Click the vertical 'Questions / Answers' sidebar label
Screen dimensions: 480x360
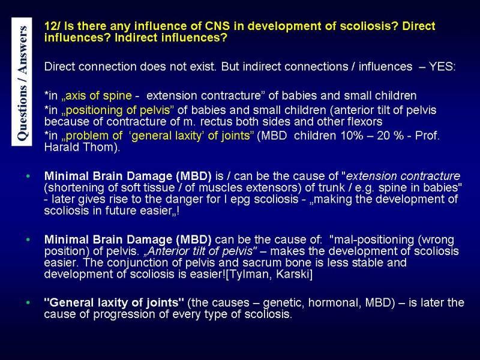click(22, 82)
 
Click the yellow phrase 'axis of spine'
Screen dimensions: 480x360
click(98, 96)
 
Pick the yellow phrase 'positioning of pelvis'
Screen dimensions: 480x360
click(118, 110)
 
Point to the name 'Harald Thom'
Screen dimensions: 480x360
click(81, 147)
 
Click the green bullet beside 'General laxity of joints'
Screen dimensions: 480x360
click(28, 303)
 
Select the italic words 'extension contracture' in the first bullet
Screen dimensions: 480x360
click(403, 176)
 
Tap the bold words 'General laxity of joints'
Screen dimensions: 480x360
click(114, 303)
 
